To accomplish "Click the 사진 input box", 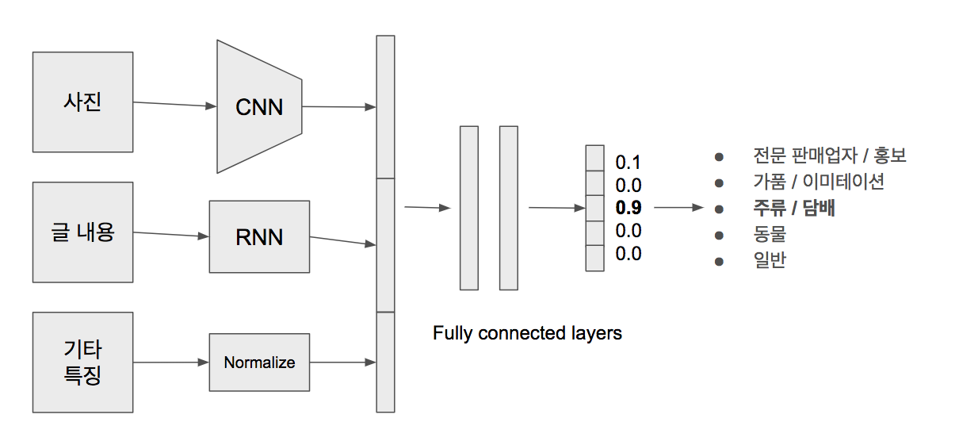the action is coord(82,102).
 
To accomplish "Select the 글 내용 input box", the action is coord(82,232).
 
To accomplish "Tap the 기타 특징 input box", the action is coord(82,363).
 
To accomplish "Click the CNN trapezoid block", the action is coord(259,106).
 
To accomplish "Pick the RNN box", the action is coord(259,237).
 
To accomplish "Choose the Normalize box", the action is coord(259,363).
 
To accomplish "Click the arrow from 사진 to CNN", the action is coord(174,104).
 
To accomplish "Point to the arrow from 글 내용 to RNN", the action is coord(171,234).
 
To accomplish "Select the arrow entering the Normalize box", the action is coord(171,363).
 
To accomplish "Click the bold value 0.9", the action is coord(629,208).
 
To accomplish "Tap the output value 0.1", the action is coord(628,163).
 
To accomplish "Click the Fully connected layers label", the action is coord(528,333).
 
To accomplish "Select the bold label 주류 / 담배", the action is coord(794,208).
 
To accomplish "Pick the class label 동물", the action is coord(770,234).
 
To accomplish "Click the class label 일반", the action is coord(770,260).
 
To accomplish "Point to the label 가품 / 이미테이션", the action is coord(819,182).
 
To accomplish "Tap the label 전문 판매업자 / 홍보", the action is coord(830,155).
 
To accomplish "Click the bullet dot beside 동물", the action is coord(720,236).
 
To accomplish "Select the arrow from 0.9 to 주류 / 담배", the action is coord(679,208).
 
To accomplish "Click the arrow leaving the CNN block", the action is coord(339,106).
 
